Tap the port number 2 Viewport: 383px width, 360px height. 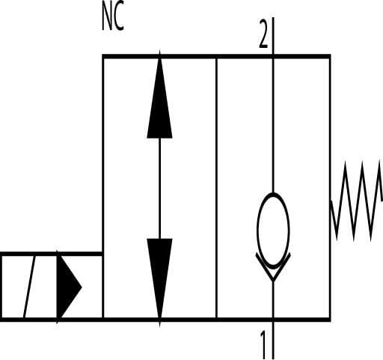click(263, 34)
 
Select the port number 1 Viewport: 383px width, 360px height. click(263, 345)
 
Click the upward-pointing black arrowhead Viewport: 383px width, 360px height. click(159, 95)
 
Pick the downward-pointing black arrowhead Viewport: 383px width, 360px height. click(159, 282)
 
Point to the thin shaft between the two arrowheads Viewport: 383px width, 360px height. click(159, 189)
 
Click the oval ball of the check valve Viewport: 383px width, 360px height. click(273, 231)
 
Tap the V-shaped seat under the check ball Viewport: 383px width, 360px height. click(273, 267)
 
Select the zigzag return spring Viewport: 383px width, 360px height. click(357, 201)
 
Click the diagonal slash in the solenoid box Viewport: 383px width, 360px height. click(29, 287)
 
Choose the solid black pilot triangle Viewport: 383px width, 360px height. click(69, 287)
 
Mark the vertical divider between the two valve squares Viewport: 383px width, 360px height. click(216, 188)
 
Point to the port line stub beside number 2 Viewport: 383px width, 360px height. click(273, 36)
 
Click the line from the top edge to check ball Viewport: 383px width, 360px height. click(273, 126)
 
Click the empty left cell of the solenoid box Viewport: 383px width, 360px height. click(13, 287)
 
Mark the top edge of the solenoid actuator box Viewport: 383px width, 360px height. click(51, 254)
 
